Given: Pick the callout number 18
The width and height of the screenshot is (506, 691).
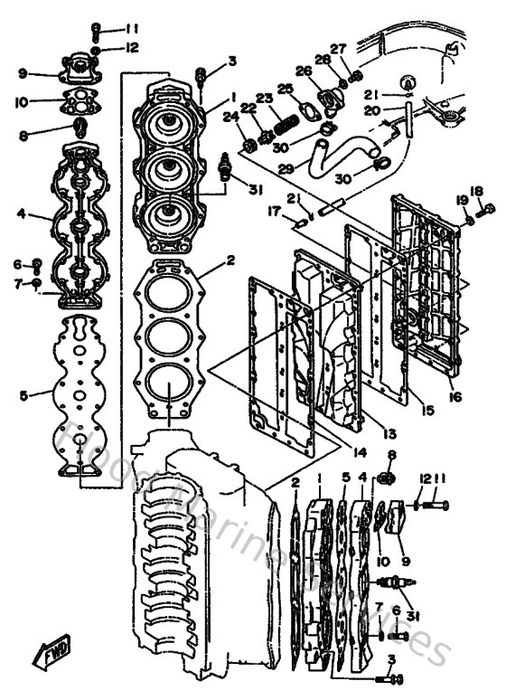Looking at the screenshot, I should tap(476, 191).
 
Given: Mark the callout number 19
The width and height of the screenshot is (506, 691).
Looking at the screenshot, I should tap(463, 200).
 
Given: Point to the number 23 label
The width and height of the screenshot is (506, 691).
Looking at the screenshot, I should tap(264, 98).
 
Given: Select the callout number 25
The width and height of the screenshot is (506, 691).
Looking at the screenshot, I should tap(286, 89).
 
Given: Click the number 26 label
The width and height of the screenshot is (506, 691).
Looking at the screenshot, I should tap(302, 70).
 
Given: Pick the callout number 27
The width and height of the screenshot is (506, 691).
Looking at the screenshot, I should tap(338, 48).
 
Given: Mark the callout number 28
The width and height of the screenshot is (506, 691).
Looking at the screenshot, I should tap(321, 59).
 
